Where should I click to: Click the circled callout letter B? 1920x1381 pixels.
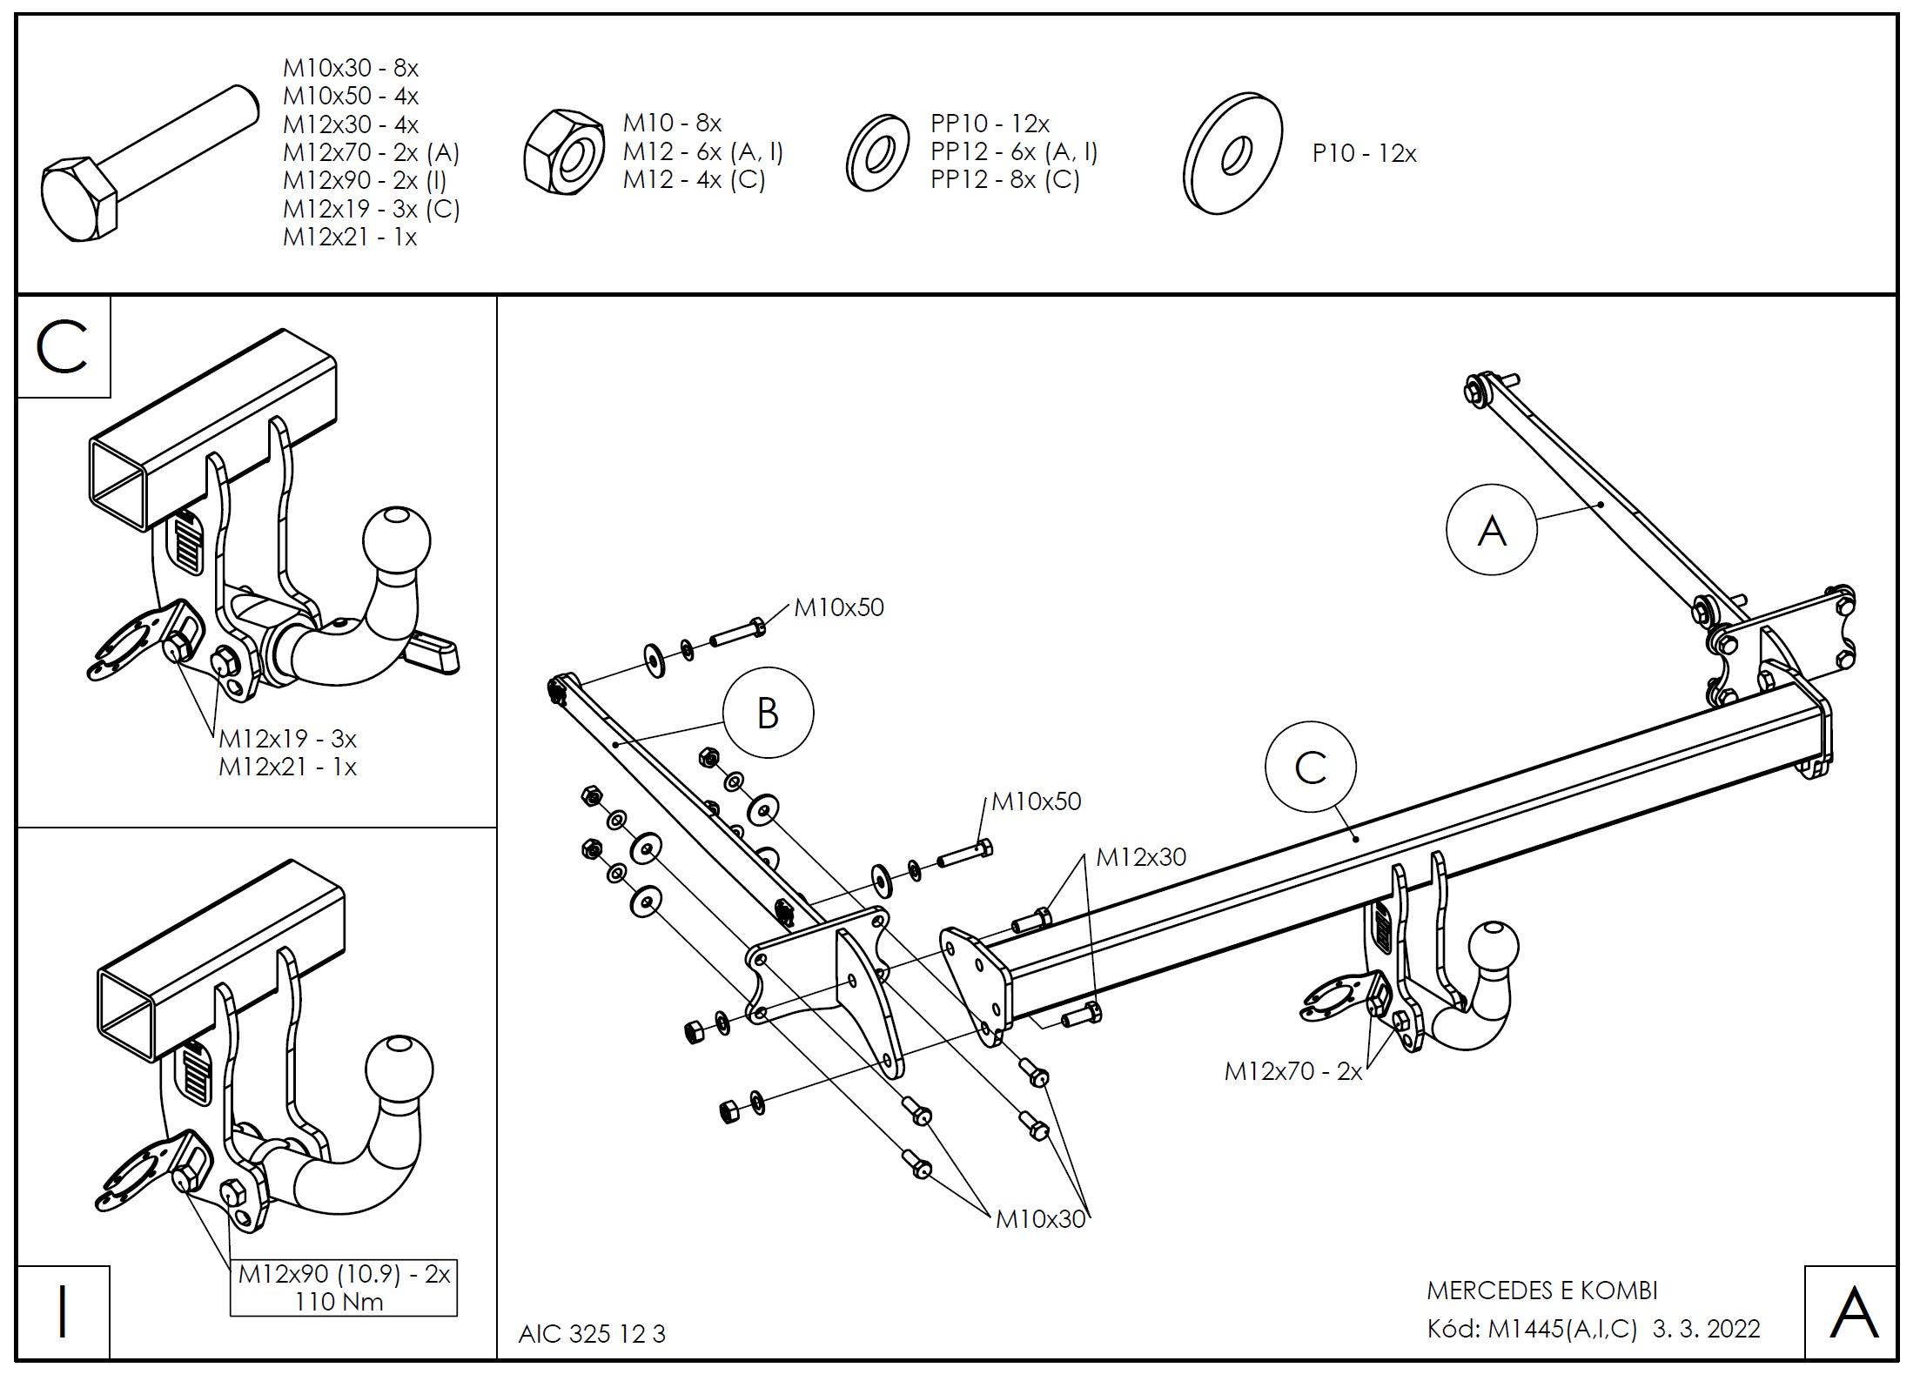[x=767, y=714]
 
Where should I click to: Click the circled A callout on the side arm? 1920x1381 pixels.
[x=1492, y=530]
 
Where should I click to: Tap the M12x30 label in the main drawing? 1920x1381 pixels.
[x=1140, y=858]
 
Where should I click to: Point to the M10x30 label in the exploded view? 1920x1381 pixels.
[x=1040, y=1219]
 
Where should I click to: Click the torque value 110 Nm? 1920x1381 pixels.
[x=339, y=1302]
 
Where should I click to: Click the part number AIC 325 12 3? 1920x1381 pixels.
[x=592, y=1334]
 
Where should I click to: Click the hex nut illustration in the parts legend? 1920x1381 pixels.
[x=564, y=152]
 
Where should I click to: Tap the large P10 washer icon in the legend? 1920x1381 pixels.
[x=1232, y=153]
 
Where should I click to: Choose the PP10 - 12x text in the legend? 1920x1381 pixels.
[x=990, y=124]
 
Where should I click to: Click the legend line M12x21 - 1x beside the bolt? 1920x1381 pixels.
[x=350, y=238]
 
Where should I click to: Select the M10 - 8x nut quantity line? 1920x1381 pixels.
[x=672, y=124]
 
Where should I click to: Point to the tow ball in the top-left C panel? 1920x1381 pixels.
[x=397, y=539]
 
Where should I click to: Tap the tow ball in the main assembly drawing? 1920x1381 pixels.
[x=1494, y=951]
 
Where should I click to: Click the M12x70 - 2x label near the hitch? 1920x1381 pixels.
[x=1292, y=1071]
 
